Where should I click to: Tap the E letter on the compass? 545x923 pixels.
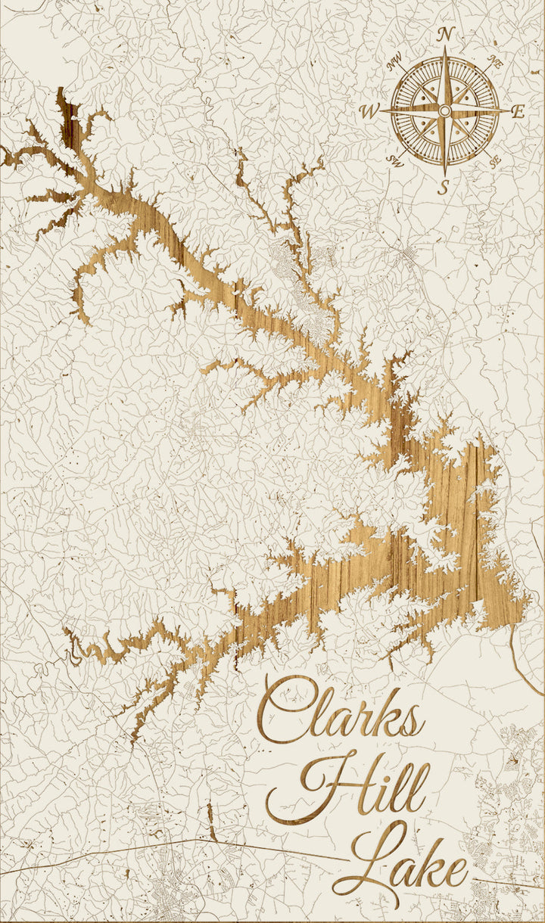pos(518,112)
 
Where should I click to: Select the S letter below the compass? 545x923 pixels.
pos(444,187)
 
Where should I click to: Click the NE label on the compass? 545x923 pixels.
pos(496,61)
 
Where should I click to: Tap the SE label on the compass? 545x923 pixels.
pos(495,161)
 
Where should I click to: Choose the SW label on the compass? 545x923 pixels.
pos(394,160)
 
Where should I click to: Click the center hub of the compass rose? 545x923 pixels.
pos(444,111)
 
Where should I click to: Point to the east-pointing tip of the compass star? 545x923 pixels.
pos(506,110)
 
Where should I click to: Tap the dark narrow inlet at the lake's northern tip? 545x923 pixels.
pos(69,121)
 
